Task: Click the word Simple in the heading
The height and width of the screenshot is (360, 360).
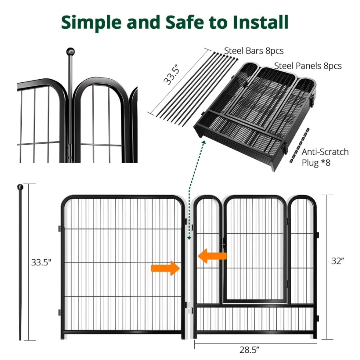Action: coord(91,23)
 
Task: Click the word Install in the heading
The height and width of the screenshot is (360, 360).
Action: coord(260,22)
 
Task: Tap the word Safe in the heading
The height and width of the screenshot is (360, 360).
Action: coord(184,22)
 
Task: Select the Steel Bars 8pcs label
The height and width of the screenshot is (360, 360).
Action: coord(254,51)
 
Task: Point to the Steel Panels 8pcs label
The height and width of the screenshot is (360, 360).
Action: coord(308,66)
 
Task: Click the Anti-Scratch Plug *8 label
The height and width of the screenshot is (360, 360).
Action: coord(325,157)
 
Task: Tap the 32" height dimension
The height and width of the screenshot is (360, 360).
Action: coord(338,261)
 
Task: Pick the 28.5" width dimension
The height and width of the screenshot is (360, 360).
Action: coord(249,350)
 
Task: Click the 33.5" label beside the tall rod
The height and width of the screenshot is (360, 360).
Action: coord(41,262)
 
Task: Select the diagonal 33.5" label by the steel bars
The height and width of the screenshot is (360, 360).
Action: coord(171,75)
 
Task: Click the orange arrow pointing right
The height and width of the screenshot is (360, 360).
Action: coord(165,268)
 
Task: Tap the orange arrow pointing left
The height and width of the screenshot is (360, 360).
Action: coord(212,256)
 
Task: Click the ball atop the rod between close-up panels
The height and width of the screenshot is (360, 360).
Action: coord(70,52)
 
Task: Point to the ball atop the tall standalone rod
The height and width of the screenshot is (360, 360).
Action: coord(20,187)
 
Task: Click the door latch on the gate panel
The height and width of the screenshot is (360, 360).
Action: coord(222,243)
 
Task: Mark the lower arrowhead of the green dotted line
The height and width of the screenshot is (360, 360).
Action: coord(189,238)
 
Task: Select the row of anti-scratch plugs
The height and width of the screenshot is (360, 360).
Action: coord(299,146)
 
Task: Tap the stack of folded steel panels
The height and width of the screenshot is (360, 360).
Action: coord(255,116)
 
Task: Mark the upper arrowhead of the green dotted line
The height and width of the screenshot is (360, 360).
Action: coord(204,143)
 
